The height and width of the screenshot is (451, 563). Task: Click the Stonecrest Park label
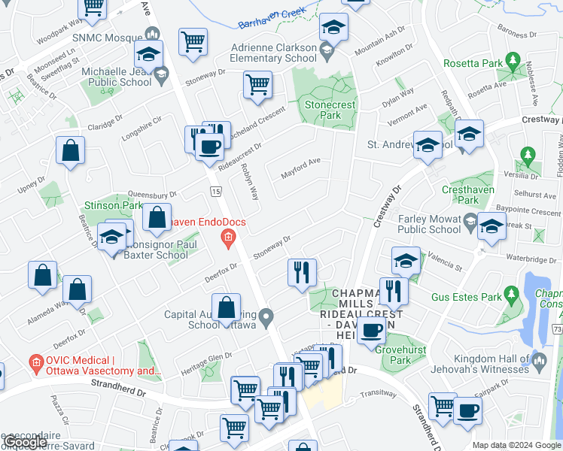[x=322, y=110]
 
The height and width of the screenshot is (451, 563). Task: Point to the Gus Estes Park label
[x=466, y=297]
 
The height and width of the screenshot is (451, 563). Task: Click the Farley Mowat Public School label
[x=418, y=225]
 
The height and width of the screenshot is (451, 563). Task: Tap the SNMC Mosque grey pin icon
[x=153, y=34]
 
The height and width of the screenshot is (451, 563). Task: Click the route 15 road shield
[x=216, y=193]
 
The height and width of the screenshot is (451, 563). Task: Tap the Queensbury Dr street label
[x=152, y=194]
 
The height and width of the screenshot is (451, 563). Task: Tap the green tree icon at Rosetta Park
[x=513, y=59]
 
